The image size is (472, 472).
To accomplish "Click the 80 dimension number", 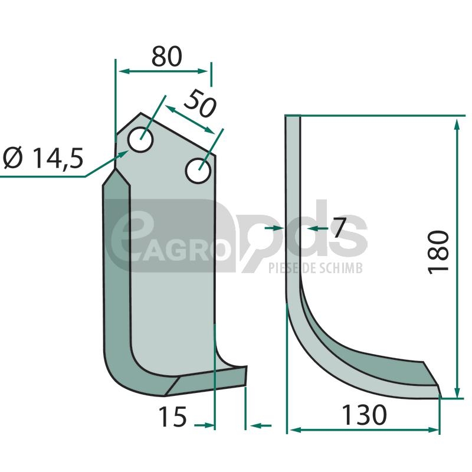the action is point(167,56).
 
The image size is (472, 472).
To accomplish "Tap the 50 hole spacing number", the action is point(200,103).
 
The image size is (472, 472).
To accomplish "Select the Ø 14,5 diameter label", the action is point(43,158).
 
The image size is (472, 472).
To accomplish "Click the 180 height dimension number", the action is point(438,253).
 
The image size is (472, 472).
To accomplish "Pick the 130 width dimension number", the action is point(364,415).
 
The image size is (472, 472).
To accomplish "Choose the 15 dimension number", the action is point(173,417).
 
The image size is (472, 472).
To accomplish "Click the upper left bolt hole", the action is point(140,140).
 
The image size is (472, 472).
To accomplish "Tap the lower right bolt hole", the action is point(198,171).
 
